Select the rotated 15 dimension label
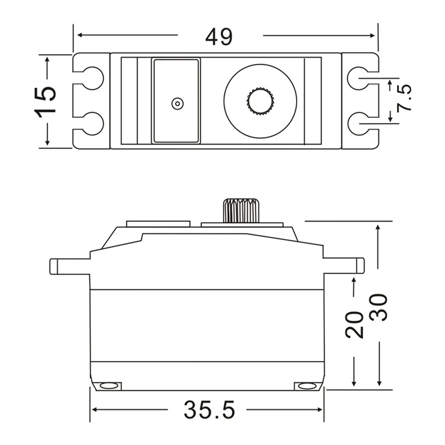point(47,101)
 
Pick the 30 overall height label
point(380,307)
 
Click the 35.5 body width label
point(209,410)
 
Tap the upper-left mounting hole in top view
point(93,78)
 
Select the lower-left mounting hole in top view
point(93,124)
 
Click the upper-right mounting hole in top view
point(358,78)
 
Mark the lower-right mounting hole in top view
point(358,124)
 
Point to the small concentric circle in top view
point(177,104)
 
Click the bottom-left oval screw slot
point(109,385)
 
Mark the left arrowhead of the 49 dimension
point(81,35)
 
